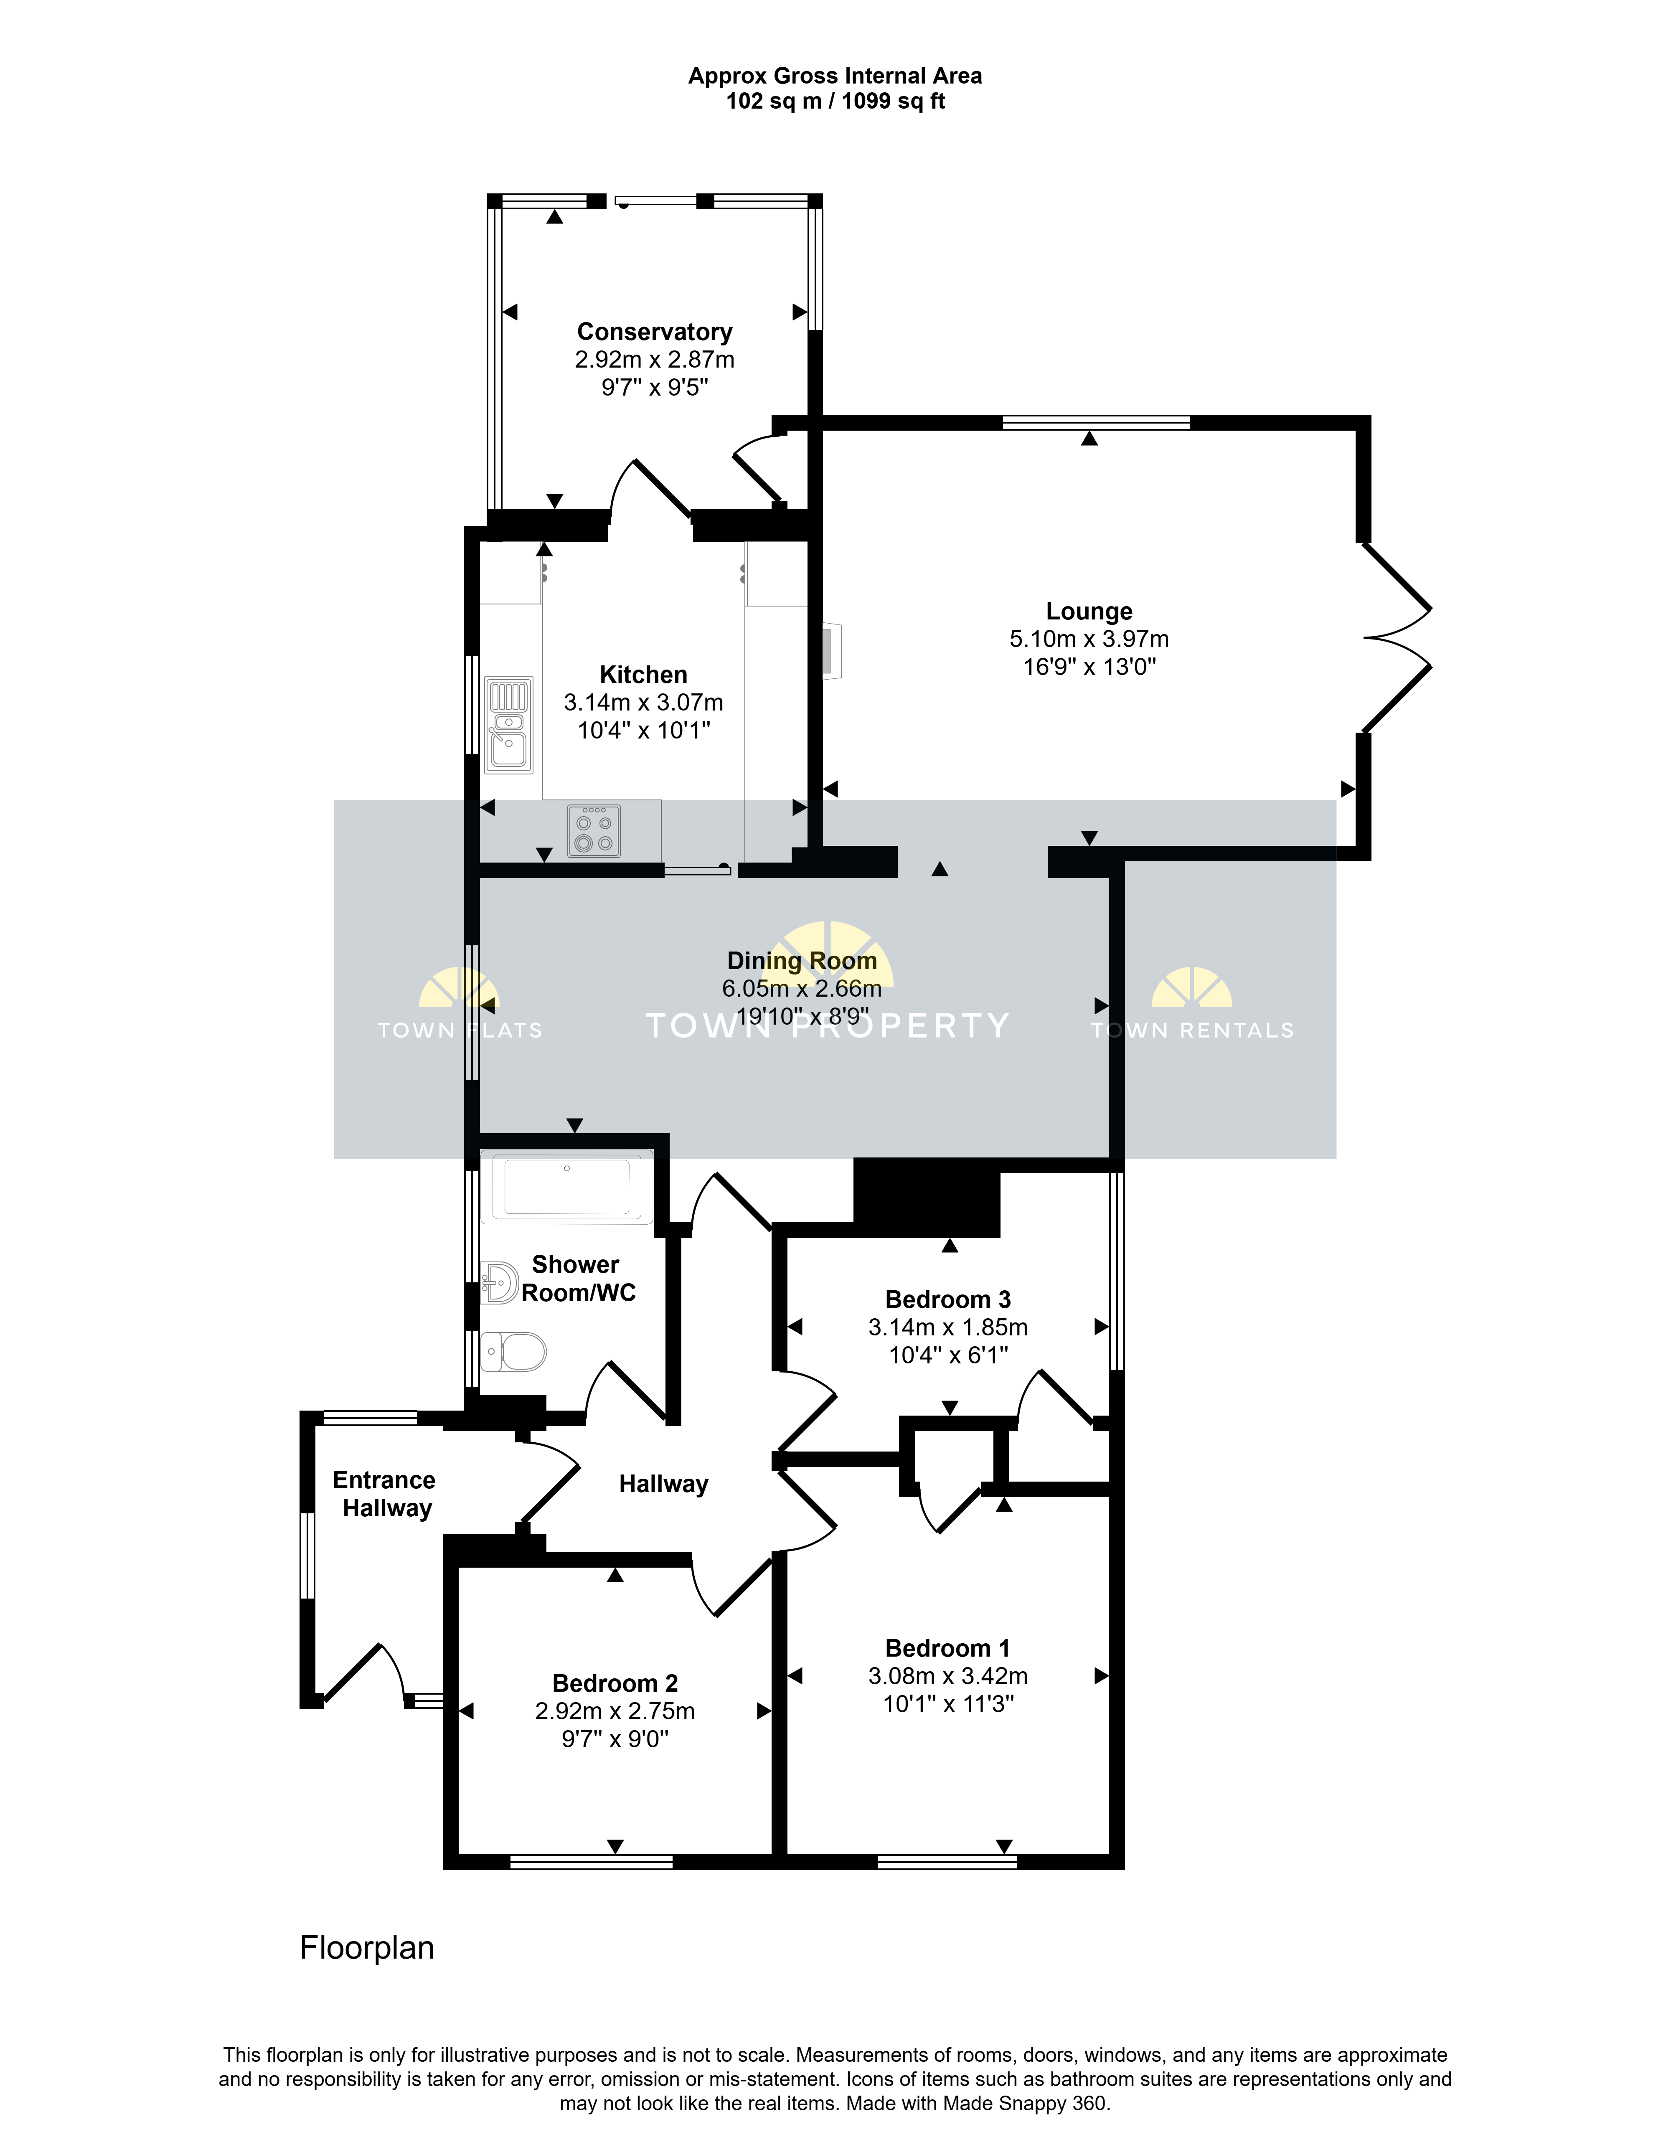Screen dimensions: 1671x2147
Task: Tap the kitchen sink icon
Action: point(509,725)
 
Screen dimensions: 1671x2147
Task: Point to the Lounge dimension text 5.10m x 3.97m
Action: point(1089,639)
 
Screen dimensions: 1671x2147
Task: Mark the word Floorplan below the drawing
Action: point(367,1947)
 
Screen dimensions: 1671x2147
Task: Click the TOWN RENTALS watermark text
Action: point(1192,1030)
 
